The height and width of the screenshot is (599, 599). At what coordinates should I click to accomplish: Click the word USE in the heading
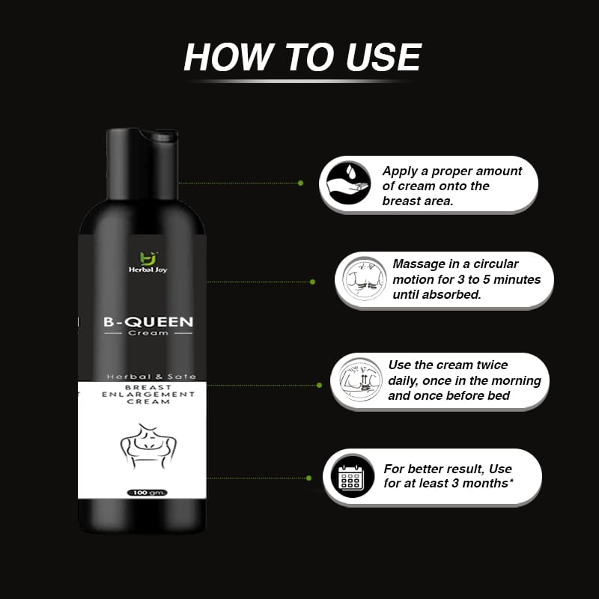[383, 57]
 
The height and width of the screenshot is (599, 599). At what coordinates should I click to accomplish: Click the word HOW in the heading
[229, 57]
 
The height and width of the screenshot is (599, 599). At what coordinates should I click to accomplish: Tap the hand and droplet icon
[349, 183]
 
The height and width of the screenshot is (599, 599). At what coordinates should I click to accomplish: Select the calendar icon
[351, 477]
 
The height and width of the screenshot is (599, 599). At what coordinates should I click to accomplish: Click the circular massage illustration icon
[364, 279]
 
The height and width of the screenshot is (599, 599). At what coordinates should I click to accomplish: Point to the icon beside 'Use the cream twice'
[360, 380]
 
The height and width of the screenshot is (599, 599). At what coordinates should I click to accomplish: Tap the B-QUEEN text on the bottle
[148, 322]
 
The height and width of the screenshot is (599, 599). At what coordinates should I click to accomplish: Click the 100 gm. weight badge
[148, 493]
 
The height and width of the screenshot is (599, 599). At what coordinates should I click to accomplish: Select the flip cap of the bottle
[142, 163]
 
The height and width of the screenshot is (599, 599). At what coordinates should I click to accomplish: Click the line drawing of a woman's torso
[148, 446]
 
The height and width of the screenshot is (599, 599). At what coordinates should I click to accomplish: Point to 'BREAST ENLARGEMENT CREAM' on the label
[148, 395]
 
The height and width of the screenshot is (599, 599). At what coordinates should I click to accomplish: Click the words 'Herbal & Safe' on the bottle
[151, 377]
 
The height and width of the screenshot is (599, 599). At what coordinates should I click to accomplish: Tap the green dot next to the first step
[300, 183]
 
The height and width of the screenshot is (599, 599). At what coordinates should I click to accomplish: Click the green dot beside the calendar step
[308, 478]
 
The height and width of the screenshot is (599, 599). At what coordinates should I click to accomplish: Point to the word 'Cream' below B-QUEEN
[148, 333]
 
